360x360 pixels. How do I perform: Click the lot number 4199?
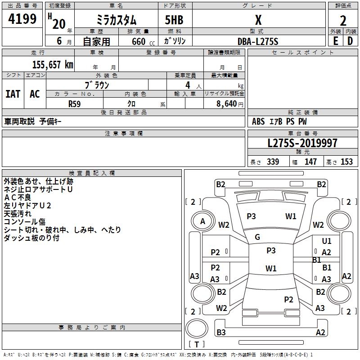[22, 19]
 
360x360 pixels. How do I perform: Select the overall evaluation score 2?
[343, 21]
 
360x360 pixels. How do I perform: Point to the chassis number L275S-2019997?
[302, 143]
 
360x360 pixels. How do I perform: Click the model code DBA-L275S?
[258, 41]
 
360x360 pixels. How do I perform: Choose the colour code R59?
[75, 103]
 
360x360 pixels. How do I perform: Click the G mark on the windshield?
[257, 237]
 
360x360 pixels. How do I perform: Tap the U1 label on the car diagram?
[327, 241]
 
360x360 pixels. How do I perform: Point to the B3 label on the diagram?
[221, 333]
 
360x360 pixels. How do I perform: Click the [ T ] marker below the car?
[196, 345]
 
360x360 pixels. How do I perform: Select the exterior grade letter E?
[335, 41]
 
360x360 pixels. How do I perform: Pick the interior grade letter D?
[350, 41]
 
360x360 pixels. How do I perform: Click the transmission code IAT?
[13, 94]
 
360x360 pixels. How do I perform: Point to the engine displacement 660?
[139, 41]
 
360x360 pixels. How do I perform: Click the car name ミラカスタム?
[116, 21]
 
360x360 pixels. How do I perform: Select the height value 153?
[346, 162]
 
